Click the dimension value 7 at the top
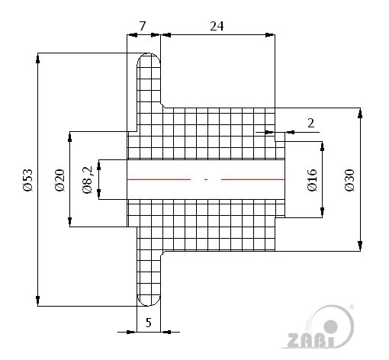coord(143,26)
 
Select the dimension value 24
coord(217,26)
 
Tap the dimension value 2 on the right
coord(310,122)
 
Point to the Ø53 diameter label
coord(27,178)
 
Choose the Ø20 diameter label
coord(58,179)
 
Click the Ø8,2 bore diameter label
coord(86,180)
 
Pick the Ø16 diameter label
coord(312,180)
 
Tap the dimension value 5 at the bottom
coord(149,322)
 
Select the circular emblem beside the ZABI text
coord(338,325)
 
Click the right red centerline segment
coord(252,179)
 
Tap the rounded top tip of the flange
coord(148,57)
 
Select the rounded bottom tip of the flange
coord(148,301)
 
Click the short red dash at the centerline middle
coord(206,179)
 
